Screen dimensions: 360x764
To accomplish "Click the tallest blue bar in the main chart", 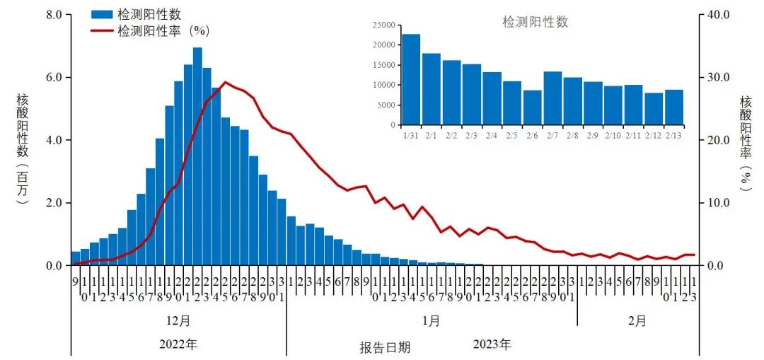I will [197, 156].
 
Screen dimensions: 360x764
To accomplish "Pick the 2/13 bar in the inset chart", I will [674, 107].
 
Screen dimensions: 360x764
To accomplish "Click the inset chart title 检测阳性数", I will [535, 22].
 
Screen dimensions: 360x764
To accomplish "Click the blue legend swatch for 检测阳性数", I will [101, 14].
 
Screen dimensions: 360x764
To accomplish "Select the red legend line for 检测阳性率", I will [101, 30].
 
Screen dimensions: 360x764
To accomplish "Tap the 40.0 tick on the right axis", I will [717, 14].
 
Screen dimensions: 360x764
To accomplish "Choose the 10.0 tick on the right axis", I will [717, 203].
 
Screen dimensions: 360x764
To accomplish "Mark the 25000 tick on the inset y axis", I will [384, 25].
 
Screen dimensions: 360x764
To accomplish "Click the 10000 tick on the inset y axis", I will [384, 85].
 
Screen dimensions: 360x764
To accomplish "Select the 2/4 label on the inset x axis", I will [492, 134].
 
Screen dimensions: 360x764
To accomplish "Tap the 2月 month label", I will [637, 320].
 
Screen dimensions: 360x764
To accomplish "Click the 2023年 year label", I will [492, 345].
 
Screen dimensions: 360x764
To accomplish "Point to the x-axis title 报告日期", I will [384, 348].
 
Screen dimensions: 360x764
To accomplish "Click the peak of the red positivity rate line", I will [226, 82].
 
